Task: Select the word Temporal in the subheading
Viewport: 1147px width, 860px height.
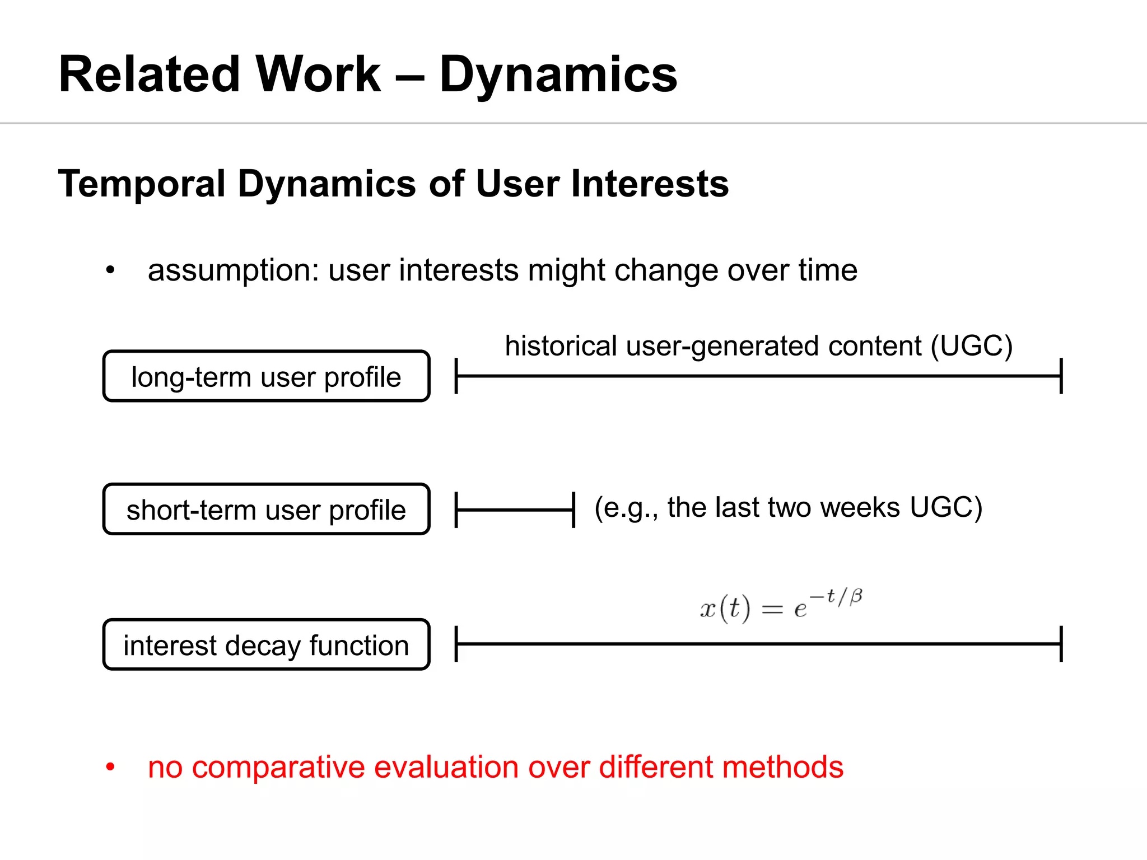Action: pyautogui.click(x=141, y=184)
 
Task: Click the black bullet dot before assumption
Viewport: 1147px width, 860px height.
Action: pyautogui.click(x=110, y=270)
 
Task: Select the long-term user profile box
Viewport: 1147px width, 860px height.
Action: pyautogui.click(x=266, y=376)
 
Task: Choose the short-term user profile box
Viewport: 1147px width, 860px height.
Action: pyautogui.click(x=266, y=509)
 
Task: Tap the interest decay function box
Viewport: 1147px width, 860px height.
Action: pyautogui.click(x=266, y=644)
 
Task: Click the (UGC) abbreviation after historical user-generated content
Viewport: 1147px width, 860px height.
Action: pyautogui.click(x=972, y=346)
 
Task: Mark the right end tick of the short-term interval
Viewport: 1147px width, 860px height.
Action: pyautogui.click(x=573, y=510)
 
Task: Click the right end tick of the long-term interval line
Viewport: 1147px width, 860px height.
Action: pyautogui.click(x=1061, y=376)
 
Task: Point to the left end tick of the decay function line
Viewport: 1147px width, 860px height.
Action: pyautogui.click(x=456, y=644)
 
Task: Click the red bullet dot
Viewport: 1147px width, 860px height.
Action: pyautogui.click(x=110, y=767)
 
